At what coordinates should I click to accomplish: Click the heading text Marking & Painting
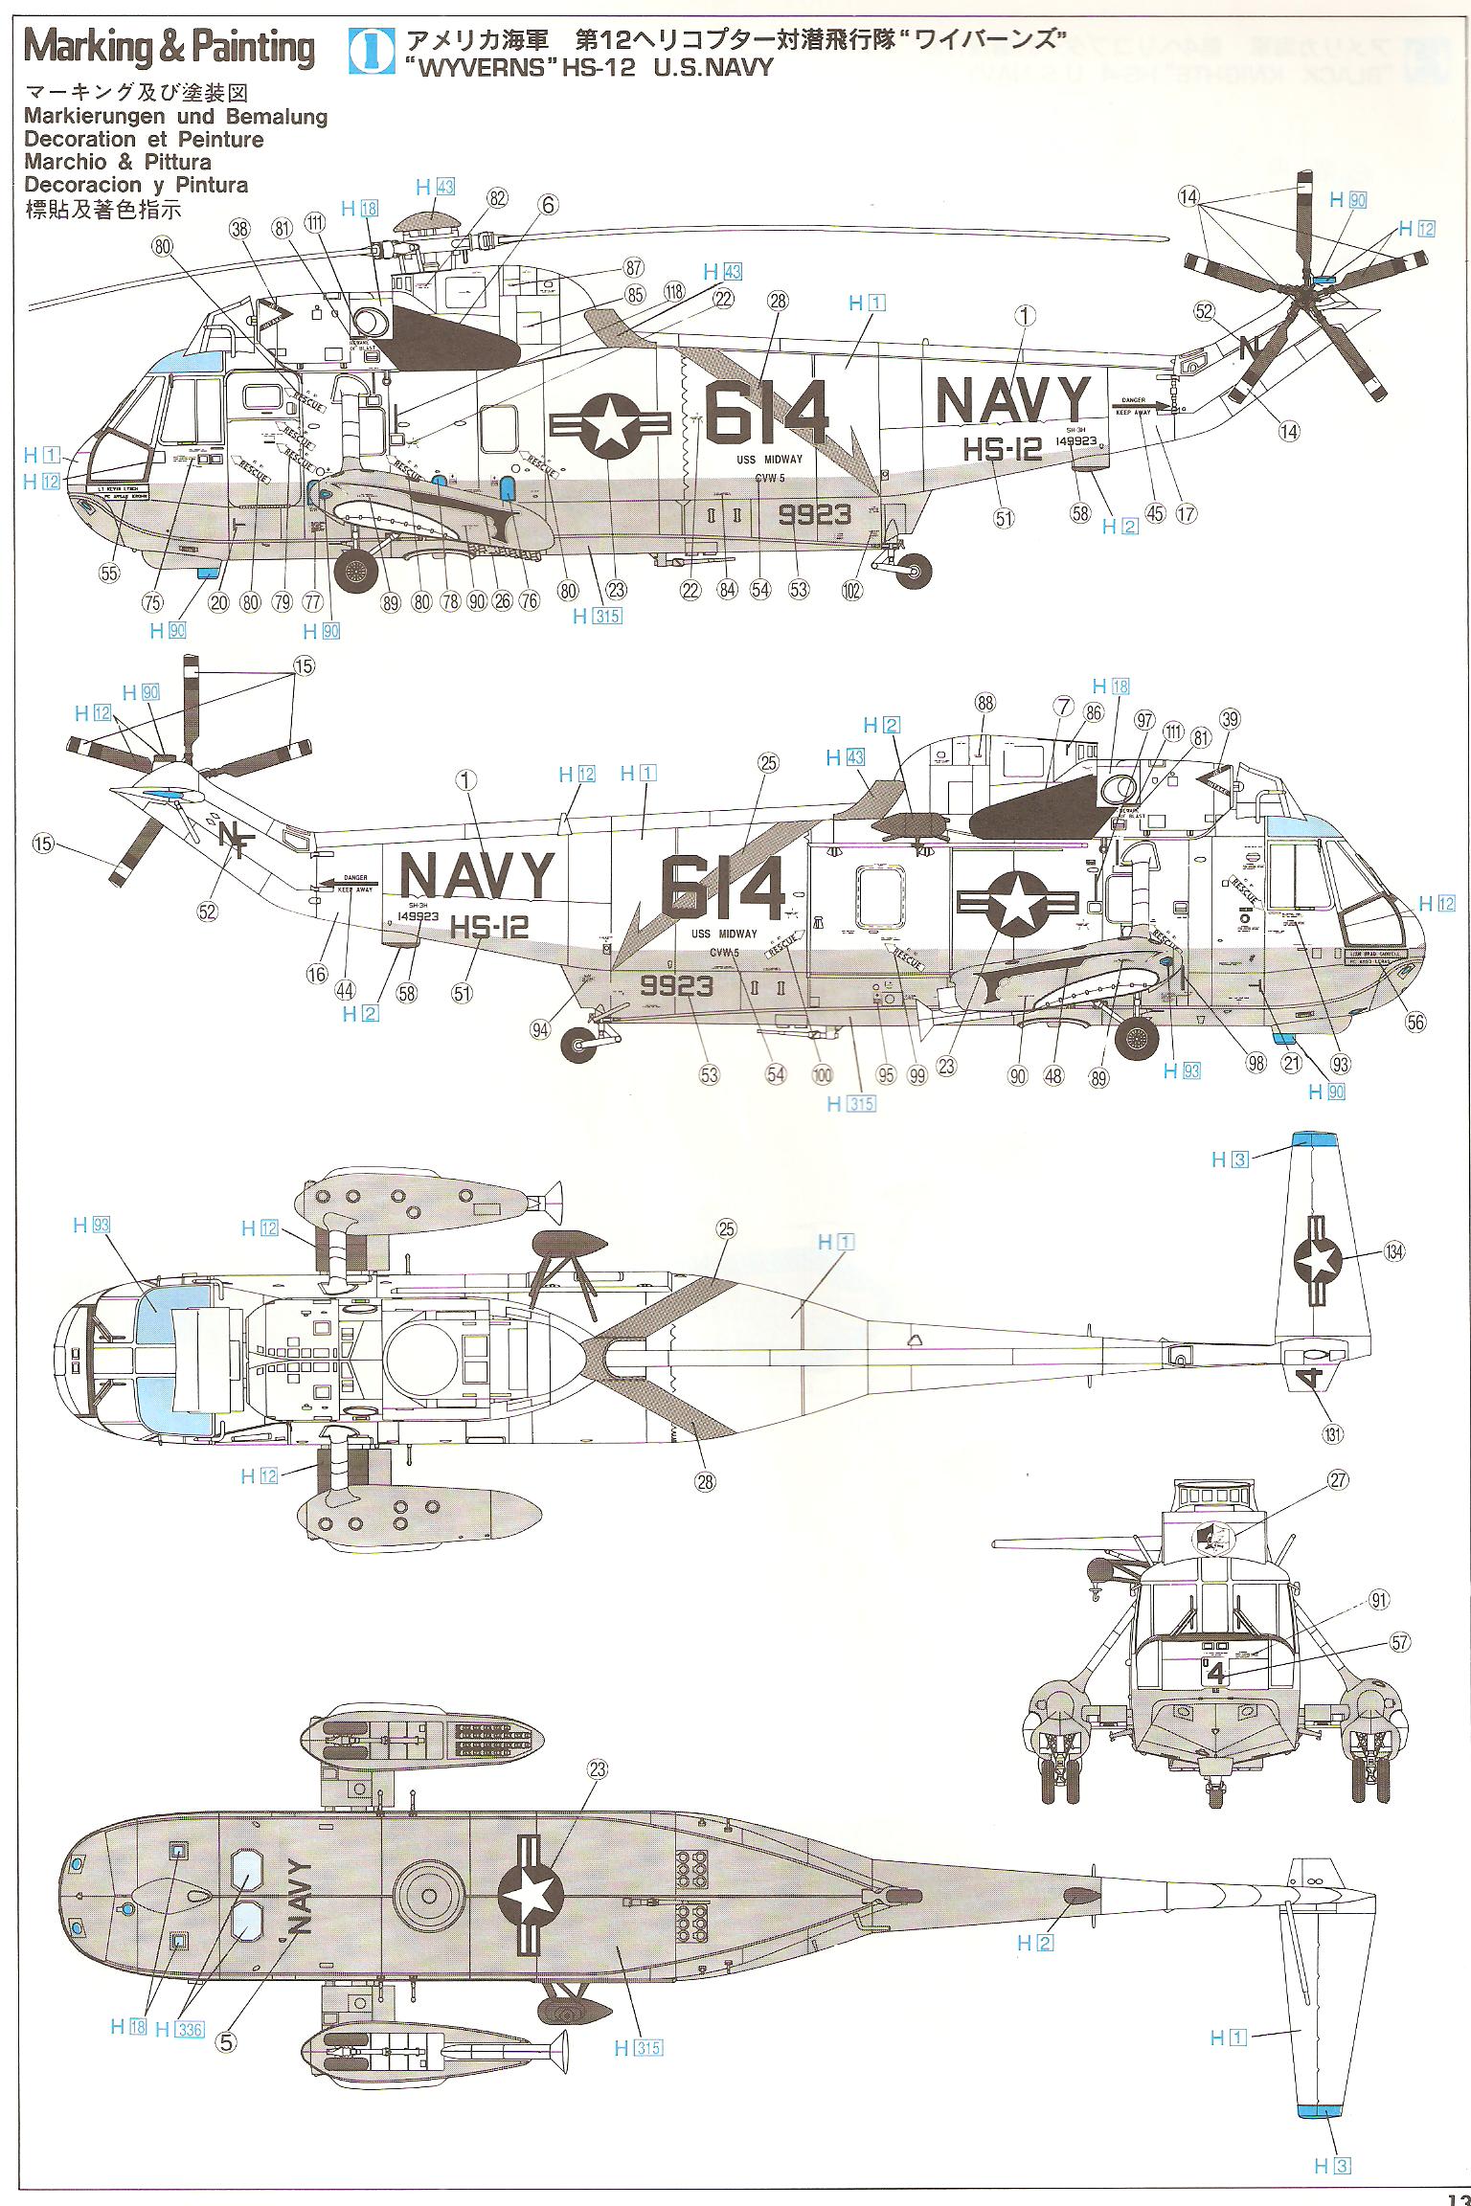170,48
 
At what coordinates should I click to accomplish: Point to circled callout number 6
547,206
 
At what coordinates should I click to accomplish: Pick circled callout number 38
240,229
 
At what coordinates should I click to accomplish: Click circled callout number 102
851,590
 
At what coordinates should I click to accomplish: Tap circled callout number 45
1154,513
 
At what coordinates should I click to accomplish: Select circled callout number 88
985,702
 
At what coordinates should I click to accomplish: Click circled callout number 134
1394,1251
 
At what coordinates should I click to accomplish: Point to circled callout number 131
1332,1433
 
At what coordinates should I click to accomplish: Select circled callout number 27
1338,1480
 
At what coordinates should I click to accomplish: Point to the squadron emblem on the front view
1211,1541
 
